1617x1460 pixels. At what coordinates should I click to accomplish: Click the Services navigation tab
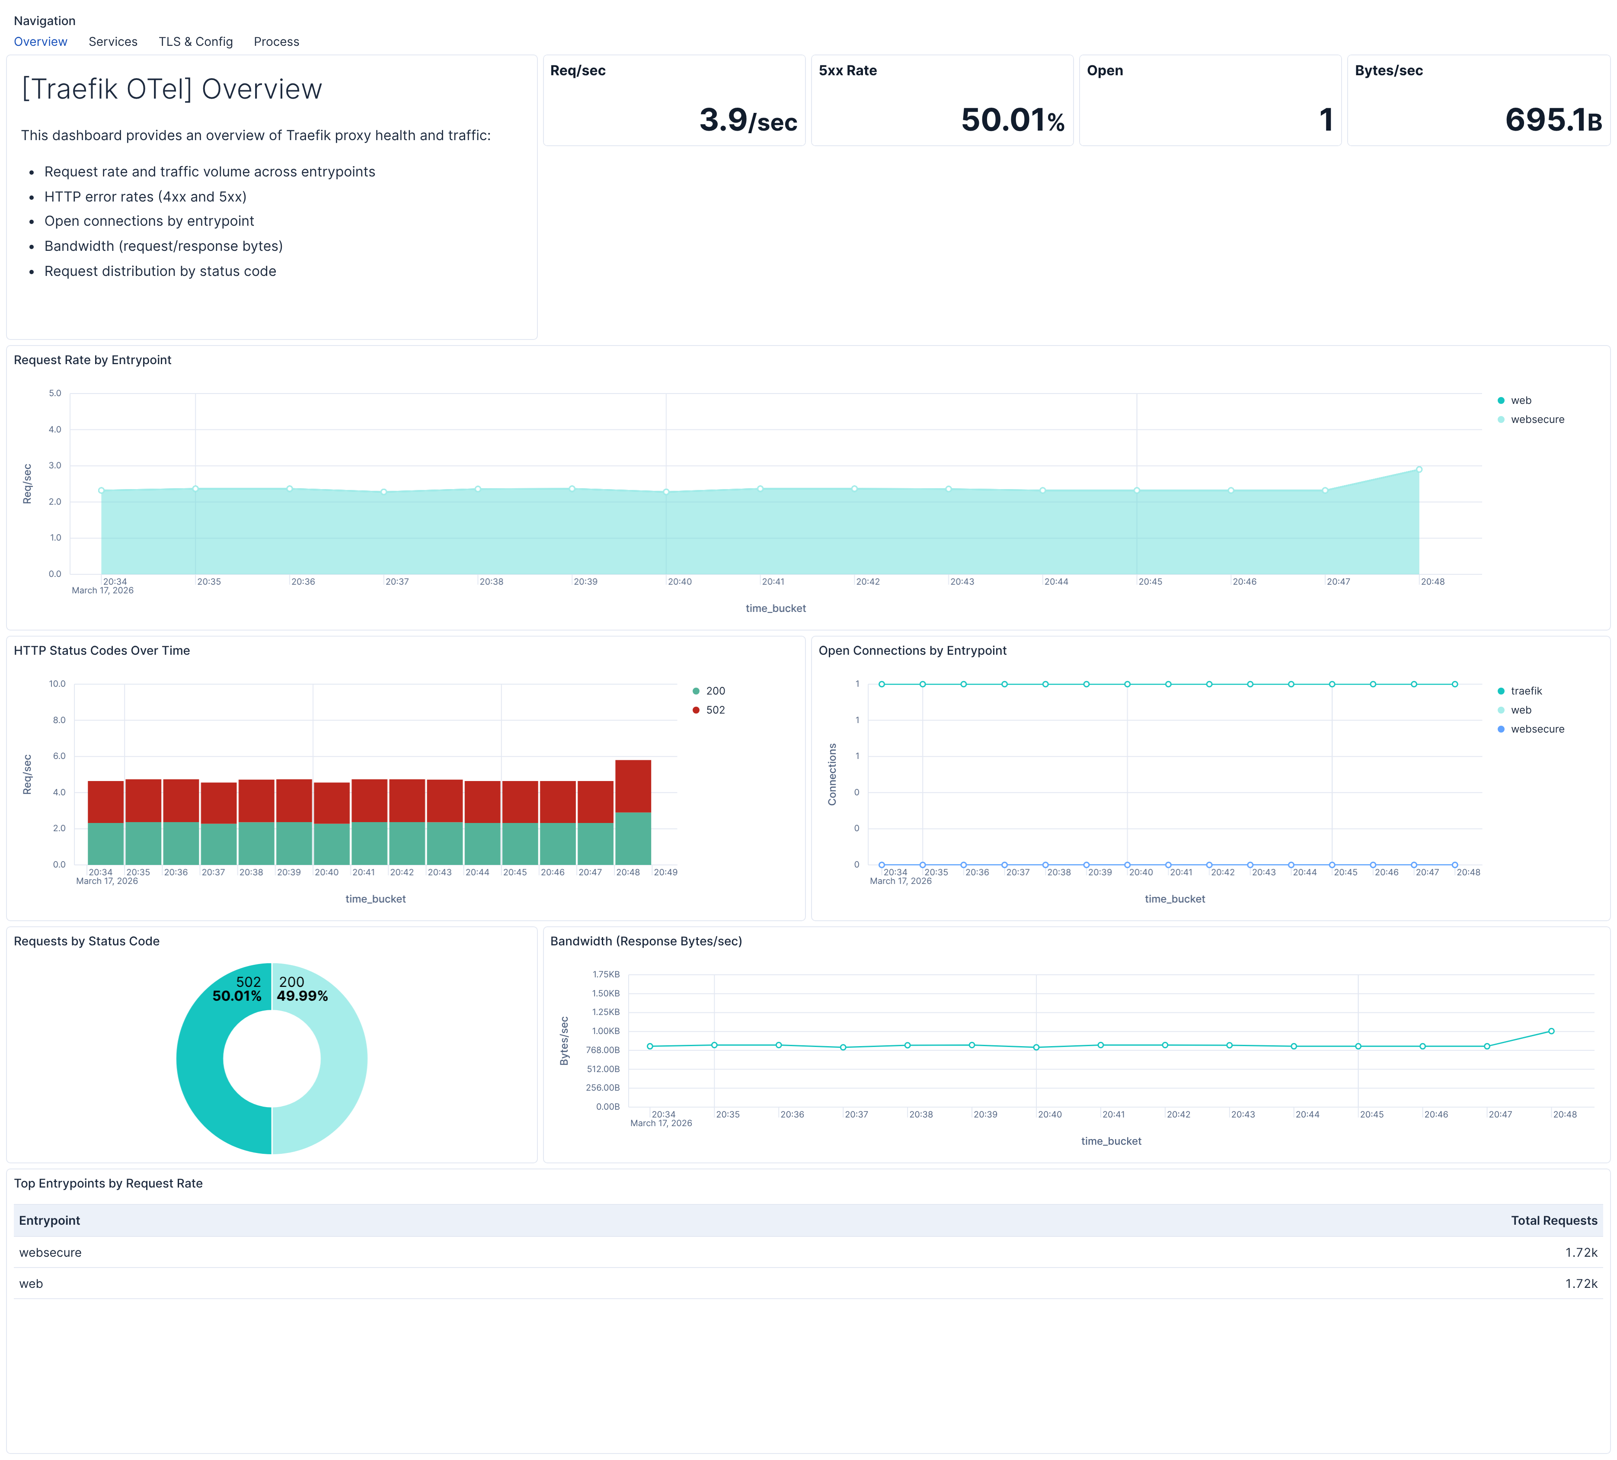[x=112, y=42]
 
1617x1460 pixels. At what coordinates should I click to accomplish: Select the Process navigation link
[x=276, y=42]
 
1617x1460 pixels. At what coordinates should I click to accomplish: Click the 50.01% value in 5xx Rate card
[x=1012, y=120]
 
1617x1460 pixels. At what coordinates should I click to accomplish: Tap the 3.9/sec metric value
[x=748, y=120]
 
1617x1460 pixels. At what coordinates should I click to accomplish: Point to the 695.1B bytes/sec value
[x=1553, y=120]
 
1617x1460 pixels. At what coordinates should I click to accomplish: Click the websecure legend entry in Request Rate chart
[x=1537, y=419]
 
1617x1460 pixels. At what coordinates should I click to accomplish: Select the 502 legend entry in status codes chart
[x=715, y=710]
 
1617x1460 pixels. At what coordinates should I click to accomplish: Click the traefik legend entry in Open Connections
[x=1526, y=691]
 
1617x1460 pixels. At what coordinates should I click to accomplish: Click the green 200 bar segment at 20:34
[x=105, y=843]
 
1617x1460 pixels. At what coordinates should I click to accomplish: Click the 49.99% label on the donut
[x=302, y=996]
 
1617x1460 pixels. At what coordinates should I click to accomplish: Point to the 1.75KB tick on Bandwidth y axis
[x=606, y=975]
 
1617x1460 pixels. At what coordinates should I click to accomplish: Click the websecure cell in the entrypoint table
[x=51, y=1252]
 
